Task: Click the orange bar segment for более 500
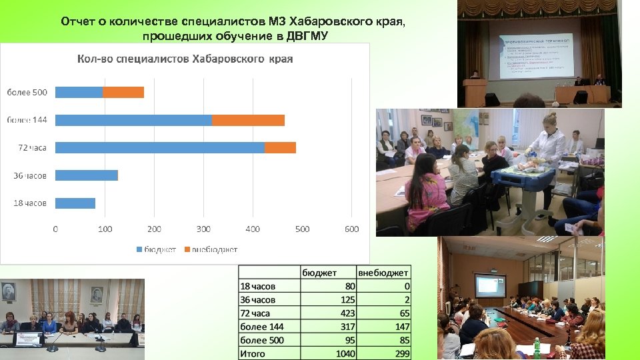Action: point(123,92)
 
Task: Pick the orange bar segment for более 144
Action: point(248,120)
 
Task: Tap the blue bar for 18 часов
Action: point(75,203)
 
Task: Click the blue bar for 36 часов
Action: point(86,175)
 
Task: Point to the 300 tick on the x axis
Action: point(203,229)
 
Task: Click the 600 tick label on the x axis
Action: point(351,229)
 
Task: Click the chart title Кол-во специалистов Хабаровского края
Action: point(185,59)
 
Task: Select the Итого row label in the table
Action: point(253,353)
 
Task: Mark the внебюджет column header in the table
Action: point(384,272)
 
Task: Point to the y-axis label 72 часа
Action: point(32,147)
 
